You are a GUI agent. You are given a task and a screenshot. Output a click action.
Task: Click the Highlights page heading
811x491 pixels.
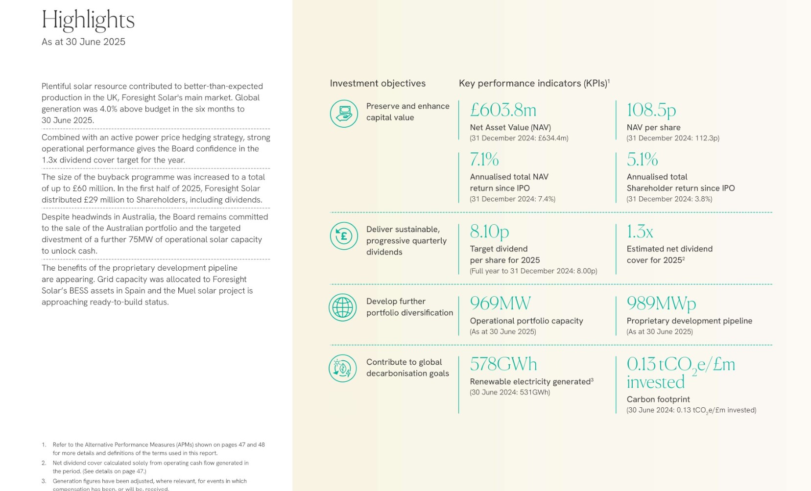[x=88, y=21]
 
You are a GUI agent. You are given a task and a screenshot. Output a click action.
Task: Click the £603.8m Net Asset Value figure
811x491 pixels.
[x=503, y=110]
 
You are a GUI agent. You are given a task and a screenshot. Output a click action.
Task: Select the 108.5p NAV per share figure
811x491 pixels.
[x=651, y=110]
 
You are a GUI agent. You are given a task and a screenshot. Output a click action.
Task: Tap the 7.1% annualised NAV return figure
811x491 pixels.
[x=484, y=159]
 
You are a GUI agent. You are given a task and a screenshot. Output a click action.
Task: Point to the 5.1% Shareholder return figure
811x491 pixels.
[x=642, y=159]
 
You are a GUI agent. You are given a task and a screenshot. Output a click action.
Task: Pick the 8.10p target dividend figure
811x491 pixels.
[x=489, y=231]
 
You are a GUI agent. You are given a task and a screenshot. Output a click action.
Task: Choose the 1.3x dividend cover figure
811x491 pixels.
[x=640, y=231]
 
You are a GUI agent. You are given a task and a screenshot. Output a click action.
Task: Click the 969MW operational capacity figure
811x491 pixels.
[x=500, y=303]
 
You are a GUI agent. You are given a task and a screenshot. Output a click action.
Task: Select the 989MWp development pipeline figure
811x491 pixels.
[x=661, y=304]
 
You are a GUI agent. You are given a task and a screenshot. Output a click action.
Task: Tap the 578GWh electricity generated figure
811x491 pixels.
[x=503, y=364]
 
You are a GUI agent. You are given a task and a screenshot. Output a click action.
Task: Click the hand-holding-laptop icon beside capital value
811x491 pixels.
[x=344, y=114]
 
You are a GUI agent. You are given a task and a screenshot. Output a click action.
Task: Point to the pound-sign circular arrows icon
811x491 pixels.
[x=344, y=236]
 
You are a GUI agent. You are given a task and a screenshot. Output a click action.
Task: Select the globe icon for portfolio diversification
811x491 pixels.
[x=343, y=307]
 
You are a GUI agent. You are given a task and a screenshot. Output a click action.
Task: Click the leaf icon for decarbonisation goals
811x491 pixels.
[x=343, y=368]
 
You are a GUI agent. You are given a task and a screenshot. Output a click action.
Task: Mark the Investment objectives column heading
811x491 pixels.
[x=378, y=83]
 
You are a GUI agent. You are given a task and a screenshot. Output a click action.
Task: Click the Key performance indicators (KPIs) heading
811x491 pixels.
[x=534, y=83]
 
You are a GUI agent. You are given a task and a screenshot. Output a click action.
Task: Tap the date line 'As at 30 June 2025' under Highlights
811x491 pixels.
[x=83, y=42]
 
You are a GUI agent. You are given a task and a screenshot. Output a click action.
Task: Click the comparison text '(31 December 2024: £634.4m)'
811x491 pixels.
[x=519, y=138]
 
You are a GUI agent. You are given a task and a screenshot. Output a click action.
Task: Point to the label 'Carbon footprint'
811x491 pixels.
[x=658, y=399]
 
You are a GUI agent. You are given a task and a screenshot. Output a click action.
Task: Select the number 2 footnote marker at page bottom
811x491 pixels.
[x=44, y=463]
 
